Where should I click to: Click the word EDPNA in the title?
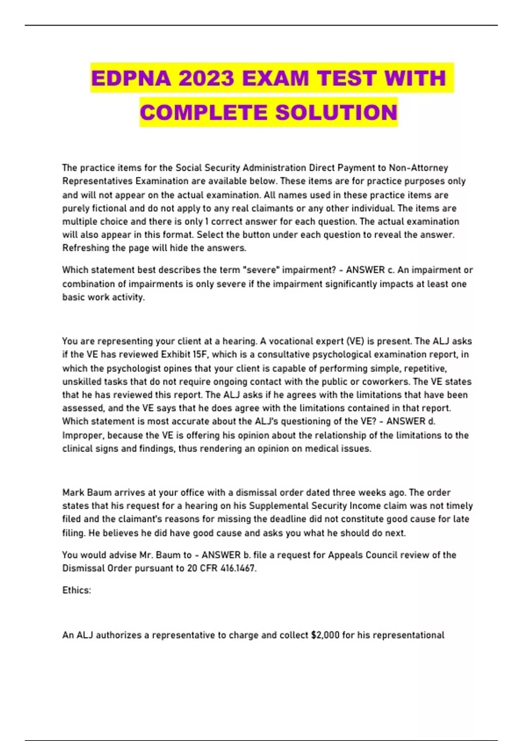pyautogui.click(x=131, y=78)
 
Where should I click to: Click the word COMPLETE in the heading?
pyautogui.click(x=204, y=112)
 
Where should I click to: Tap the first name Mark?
pyautogui.click(x=73, y=493)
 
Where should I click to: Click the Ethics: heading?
pyautogui.click(x=77, y=590)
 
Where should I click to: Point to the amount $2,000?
pyautogui.click(x=325, y=635)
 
